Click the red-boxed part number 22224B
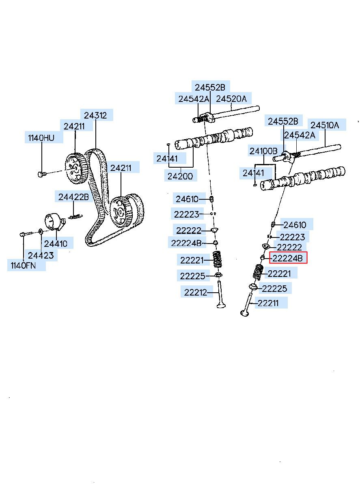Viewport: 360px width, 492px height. click(x=288, y=258)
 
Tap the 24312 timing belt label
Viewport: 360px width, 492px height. click(x=96, y=116)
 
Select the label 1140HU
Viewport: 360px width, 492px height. click(x=41, y=138)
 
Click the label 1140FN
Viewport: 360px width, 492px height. click(x=24, y=266)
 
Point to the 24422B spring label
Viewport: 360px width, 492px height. click(x=73, y=197)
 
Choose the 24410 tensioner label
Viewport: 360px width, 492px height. click(x=56, y=244)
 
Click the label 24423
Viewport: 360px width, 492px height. click(x=41, y=256)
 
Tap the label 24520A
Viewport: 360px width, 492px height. click(x=231, y=99)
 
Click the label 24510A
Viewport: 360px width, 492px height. click(x=325, y=125)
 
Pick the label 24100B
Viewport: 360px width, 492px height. click(x=263, y=151)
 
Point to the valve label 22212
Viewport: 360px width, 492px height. click(x=196, y=292)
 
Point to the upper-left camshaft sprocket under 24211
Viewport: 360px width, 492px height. click(x=75, y=166)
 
